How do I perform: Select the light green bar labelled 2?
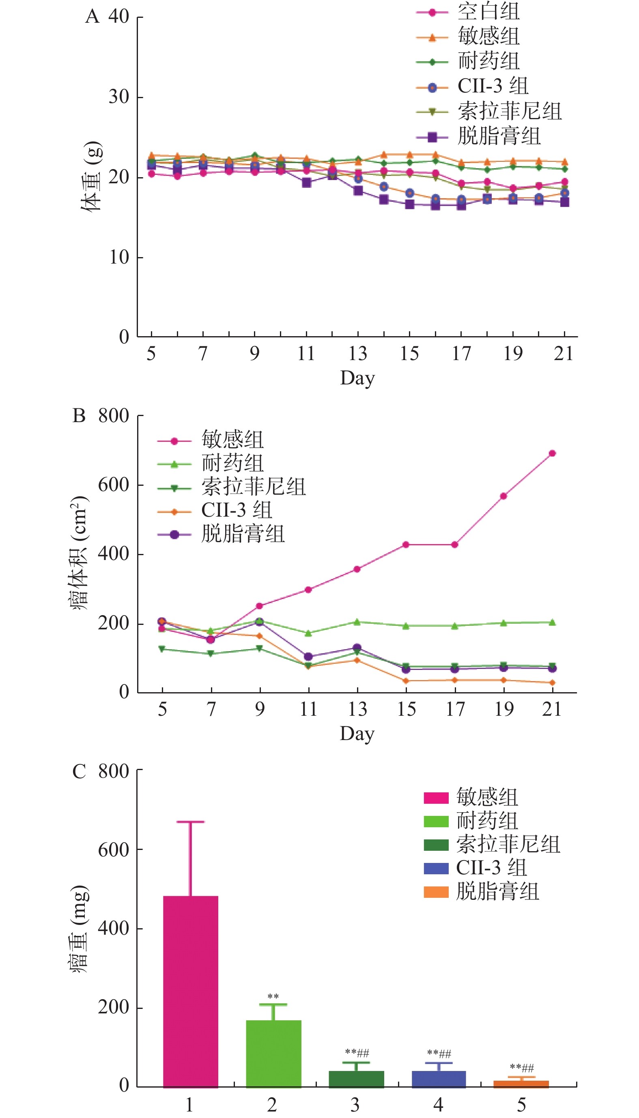pos(273,1053)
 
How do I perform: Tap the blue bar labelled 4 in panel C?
pos(439,1079)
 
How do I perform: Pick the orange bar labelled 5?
pos(521,1084)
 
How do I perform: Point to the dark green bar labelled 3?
pos(356,1079)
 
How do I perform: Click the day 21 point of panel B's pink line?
pos(552,453)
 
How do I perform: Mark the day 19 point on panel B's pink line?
pos(503,496)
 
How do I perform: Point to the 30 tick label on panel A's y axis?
pos(118,97)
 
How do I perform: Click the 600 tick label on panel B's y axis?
pos(113,485)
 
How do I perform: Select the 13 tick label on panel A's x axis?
pos(358,354)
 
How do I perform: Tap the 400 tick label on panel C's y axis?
pos(113,928)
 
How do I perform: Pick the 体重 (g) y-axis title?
pos(91,176)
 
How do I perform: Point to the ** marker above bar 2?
pos(273,997)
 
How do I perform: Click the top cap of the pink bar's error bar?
pos(190,822)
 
